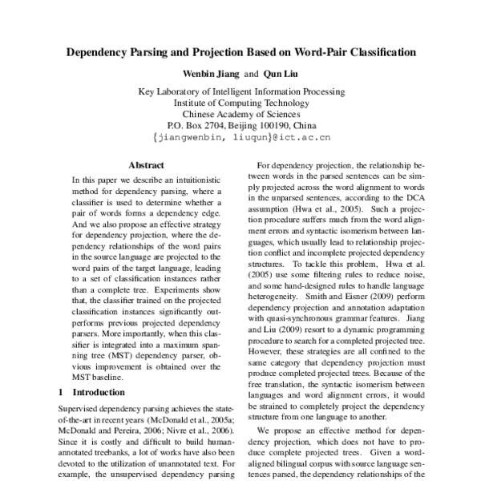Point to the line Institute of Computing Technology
coord(240,103)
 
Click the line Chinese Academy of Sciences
coord(240,114)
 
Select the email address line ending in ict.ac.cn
coord(240,137)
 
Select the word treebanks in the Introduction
coord(111,452)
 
